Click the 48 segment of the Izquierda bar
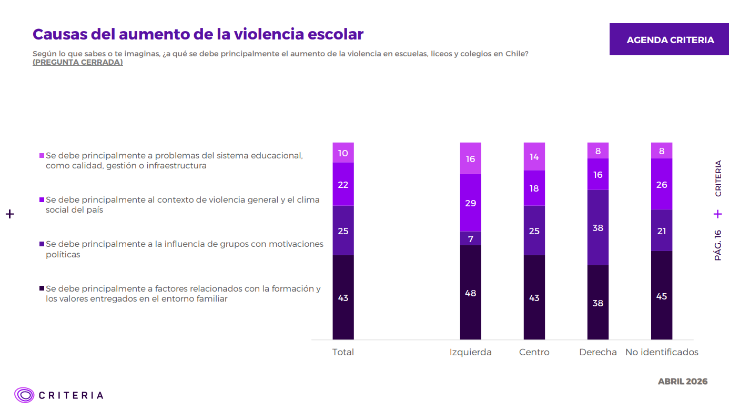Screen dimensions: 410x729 [470, 293]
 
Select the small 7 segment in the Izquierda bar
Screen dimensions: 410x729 [470, 238]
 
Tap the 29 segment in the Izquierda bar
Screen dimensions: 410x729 [470, 203]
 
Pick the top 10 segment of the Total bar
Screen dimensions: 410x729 [343, 153]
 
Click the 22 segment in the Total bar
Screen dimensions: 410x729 [343, 184]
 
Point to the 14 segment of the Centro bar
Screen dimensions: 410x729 [534, 156]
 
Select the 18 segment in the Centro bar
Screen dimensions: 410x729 [534, 188]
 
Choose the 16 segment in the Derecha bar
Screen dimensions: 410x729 [598, 174]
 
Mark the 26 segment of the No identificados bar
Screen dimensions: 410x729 [661, 184]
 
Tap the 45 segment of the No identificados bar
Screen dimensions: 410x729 [661, 296]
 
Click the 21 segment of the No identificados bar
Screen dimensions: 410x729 [661, 231]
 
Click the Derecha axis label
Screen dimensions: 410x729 [598, 352]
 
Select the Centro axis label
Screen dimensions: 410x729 [534, 352]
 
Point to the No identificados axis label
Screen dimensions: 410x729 [662, 352]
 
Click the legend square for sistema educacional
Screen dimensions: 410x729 [42, 156]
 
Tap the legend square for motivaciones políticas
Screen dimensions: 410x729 [42, 244]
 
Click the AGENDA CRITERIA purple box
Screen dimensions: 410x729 [670, 39]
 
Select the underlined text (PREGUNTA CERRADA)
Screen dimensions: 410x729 [77, 62]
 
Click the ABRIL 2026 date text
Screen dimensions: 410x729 [682, 381]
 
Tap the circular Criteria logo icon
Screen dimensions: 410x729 [24, 395]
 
